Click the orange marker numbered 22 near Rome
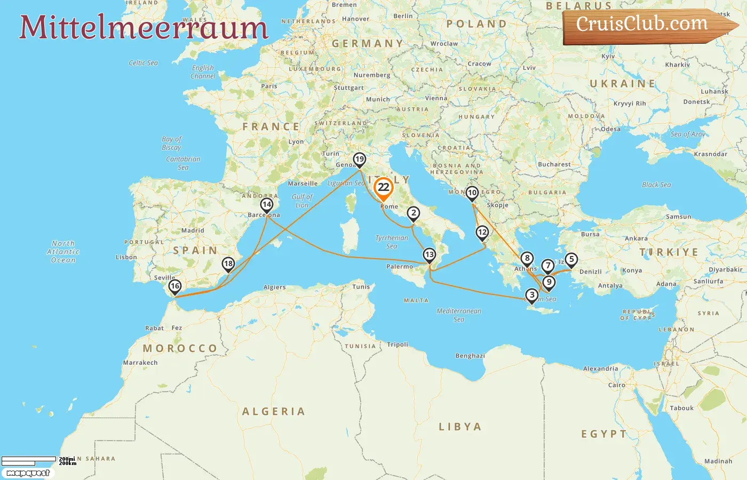point(384,188)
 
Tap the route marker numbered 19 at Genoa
point(360,159)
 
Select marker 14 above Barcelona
point(267,205)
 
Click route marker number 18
point(228,264)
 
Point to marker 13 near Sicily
point(430,255)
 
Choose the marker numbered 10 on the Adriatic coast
point(472,193)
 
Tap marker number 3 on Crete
point(532,295)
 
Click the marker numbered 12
point(482,233)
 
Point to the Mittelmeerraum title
point(144,28)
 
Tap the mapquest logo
point(28,473)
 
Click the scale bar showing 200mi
point(29,459)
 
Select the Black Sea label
point(656,185)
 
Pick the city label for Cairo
point(617,385)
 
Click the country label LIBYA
point(460,427)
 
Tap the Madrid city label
point(193,231)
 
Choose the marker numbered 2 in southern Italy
point(414,213)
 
